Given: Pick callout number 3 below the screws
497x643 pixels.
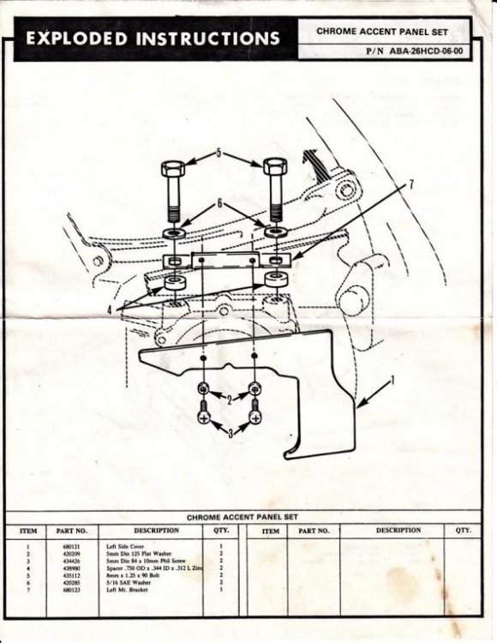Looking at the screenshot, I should (229, 435).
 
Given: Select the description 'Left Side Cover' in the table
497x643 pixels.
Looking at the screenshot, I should (127, 546).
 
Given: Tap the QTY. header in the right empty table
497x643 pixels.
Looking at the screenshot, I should (464, 531).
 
